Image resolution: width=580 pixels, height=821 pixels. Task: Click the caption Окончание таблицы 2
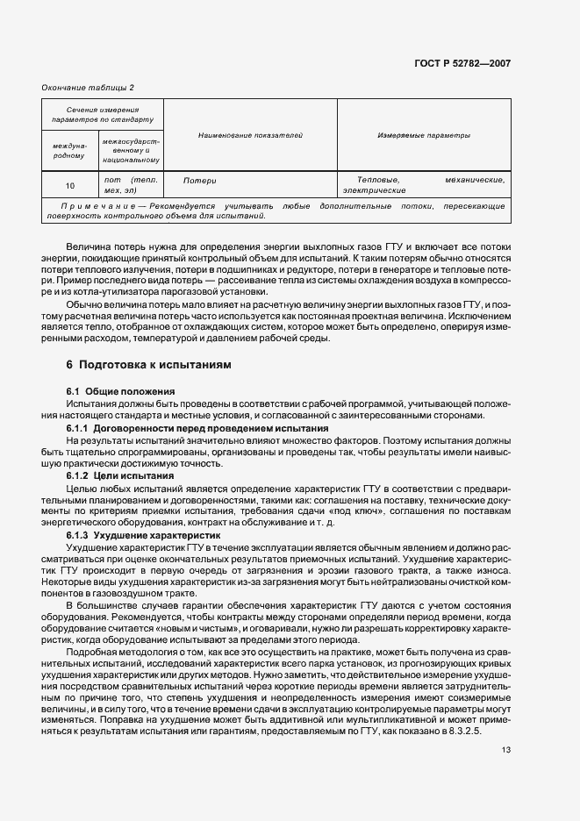pyautogui.click(x=88, y=87)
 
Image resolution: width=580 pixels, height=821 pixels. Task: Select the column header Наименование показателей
pyautogui.click(x=250, y=136)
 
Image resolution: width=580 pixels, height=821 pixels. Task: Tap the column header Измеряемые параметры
pyautogui.click(x=424, y=136)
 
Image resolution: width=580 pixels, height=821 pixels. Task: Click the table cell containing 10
pyautogui.click(x=70, y=185)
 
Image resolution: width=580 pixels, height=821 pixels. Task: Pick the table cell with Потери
pyautogui.click(x=199, y=180)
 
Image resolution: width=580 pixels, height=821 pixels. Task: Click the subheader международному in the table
pyautogui.click(x=70, y=151)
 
